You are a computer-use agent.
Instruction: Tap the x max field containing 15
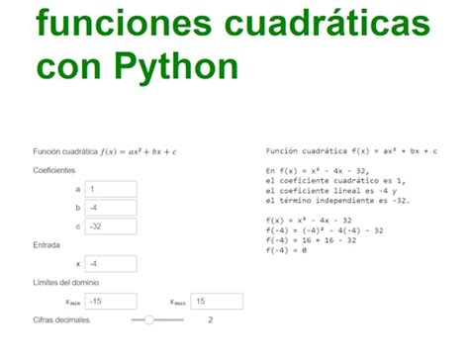tap(217, 302)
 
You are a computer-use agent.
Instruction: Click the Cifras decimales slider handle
tap(149, 320)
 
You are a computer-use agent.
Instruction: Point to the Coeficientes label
tap(53, 170)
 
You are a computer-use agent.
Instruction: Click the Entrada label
tap(47, 245)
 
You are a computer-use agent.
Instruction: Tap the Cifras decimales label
tap(61, 320)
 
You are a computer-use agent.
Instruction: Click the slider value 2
tap(210, 320)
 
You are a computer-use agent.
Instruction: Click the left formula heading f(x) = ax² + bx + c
tap(105, 151)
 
